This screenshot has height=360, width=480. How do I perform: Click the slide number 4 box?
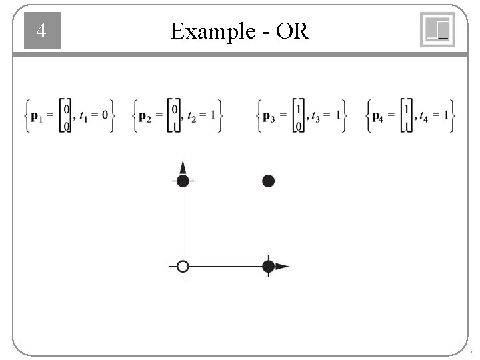(42, 31)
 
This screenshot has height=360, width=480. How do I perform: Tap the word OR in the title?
(292, 31)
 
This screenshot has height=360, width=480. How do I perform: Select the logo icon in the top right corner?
(437, 30)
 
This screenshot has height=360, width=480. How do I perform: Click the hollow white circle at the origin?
(183, 267)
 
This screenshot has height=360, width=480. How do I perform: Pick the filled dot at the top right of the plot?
(268, 181)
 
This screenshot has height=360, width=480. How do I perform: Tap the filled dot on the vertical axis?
(183, 181)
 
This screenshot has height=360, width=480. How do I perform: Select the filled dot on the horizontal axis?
(268, 267)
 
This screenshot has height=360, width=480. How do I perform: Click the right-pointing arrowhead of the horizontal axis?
(283, 267)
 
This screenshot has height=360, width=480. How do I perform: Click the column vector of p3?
(299, 117)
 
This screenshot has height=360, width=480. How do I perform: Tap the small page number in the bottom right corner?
(471, 352)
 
